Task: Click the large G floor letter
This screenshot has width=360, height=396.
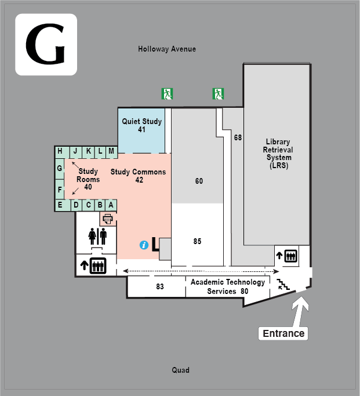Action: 46,45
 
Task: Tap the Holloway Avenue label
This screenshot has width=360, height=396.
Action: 167,49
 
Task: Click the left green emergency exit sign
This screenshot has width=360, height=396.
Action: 167,93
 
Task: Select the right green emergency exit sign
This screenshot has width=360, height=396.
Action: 218,93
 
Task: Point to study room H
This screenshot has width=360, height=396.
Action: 60,151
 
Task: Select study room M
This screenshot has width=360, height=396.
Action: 111,151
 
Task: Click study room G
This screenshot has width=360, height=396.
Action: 59,169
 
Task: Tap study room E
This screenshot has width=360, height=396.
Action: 60,205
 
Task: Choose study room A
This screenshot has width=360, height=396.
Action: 111,205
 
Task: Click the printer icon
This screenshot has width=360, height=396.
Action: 107,219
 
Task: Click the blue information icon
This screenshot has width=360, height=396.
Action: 144,245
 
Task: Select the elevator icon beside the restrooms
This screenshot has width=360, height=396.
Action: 97,266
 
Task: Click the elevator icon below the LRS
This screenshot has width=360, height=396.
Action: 291,255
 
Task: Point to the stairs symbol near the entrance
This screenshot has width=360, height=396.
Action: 283,284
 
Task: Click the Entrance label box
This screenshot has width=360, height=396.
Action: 283,333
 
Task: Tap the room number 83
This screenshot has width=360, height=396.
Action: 160,286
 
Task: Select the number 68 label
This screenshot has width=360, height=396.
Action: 238,137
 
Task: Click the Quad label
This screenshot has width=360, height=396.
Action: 180,370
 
